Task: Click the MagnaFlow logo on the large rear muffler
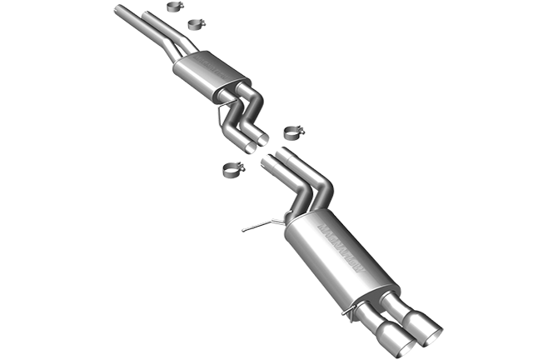(x=340, y=245)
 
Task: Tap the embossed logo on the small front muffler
(x=202, y=64)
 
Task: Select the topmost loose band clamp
(x=176, y=9)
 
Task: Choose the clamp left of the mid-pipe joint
(x=232, y=171)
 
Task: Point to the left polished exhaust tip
(x=392, y=337)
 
